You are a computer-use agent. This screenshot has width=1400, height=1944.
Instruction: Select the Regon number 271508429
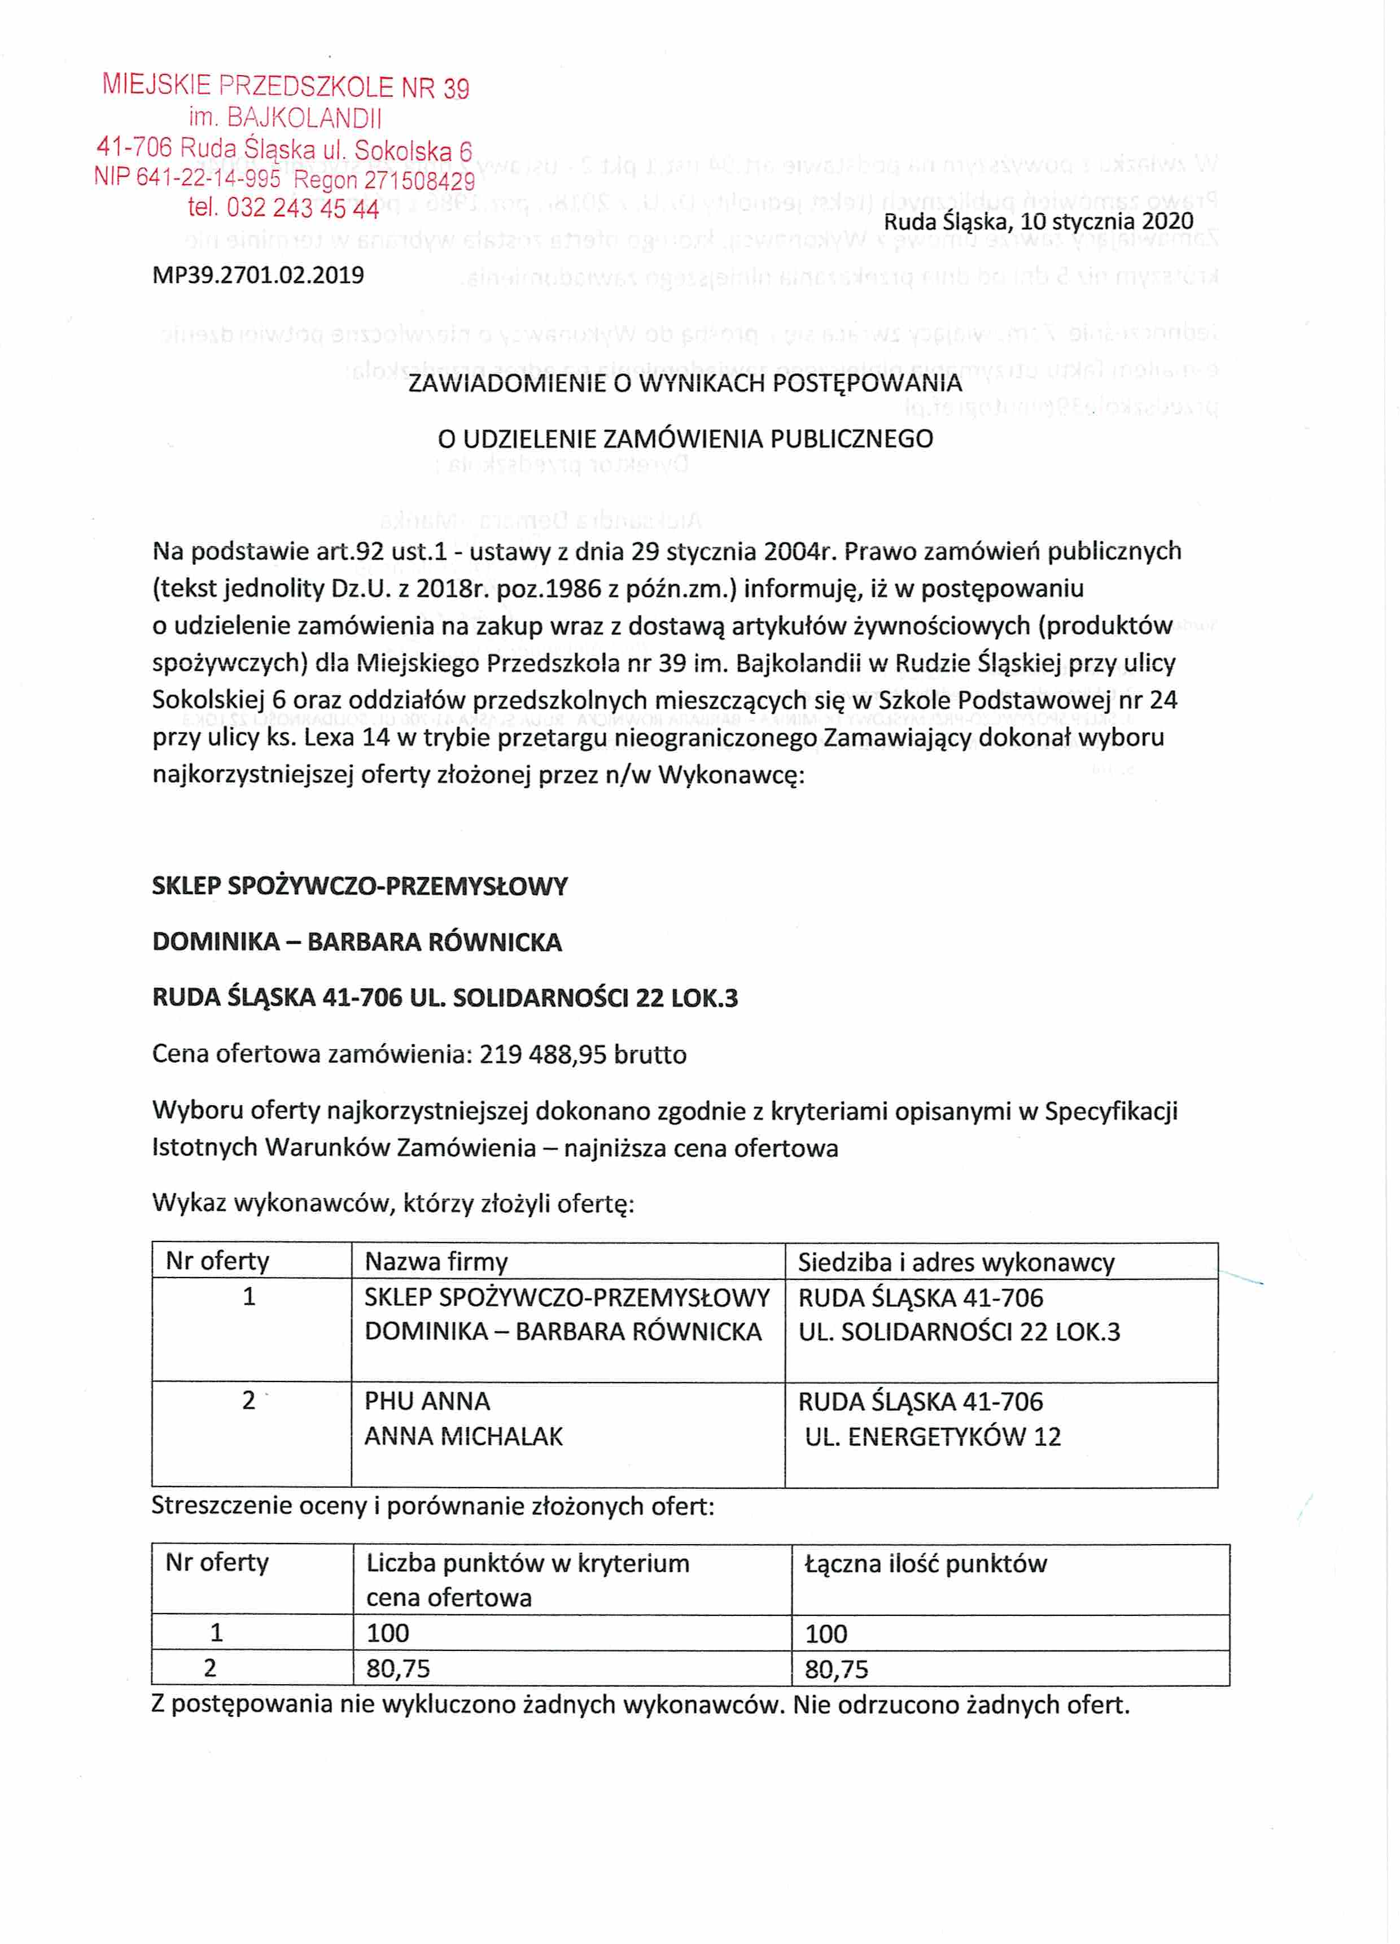[419, 181]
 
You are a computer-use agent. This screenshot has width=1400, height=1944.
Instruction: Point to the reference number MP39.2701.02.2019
[258, 275]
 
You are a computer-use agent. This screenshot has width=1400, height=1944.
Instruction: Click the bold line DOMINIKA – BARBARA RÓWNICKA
[356, 942]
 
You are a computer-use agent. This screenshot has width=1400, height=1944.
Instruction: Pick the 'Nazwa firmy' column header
[436, 1262]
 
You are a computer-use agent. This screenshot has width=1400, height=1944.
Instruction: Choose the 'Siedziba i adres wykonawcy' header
[956, 1262]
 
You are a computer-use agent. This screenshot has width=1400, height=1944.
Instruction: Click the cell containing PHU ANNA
[427, 1401]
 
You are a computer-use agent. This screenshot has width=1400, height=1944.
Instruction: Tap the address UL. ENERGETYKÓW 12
[932, 1437]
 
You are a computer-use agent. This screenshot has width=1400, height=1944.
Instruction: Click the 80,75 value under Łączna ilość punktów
[836, 1670]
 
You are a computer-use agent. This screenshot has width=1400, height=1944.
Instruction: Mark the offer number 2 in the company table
[248, 1401]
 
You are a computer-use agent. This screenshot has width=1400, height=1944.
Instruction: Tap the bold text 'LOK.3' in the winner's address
[707, 999]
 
